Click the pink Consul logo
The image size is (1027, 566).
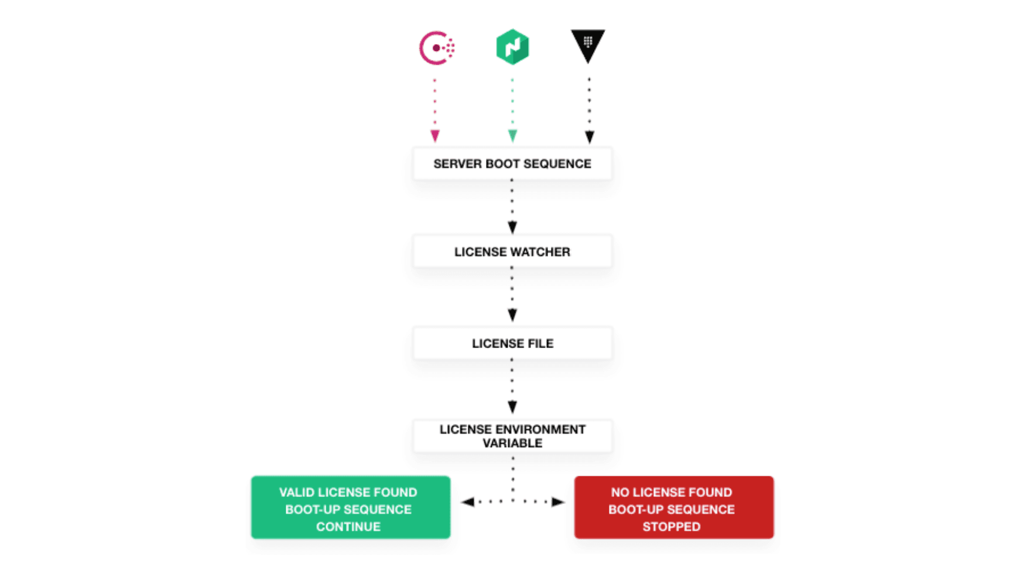click(x=437, y=47)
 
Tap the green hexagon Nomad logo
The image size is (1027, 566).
click(x=512, y=47)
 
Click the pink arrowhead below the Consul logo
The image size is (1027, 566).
click(x=434, y=137)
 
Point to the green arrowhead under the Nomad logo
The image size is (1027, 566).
click(x=512, y=137)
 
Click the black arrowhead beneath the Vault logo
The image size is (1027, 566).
click(x=590, y=137)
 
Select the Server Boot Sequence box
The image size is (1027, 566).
click(x=512, y=163)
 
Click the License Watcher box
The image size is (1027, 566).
click(x=512, y=251)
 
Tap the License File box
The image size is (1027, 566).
click(x=512, y=343)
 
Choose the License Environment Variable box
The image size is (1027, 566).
click(x=512, y=436)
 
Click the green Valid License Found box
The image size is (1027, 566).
click(x=350, y=507)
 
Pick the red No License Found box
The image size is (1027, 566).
click(x=673, y=507)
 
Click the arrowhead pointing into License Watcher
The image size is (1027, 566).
click(x=512, y=227)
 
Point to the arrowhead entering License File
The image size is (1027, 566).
click(x=512, y=315)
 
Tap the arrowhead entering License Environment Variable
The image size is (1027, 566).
click(x=512, y=407)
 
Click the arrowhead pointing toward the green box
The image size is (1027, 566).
click(x=467, y=502)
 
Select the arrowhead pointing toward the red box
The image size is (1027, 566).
click(x=558, y=502)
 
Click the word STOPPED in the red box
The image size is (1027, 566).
click(x=671, y=527)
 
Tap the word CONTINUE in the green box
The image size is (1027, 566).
click(x=348, y=527)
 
